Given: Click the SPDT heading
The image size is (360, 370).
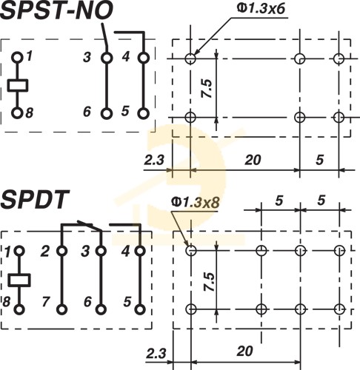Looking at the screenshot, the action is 35,199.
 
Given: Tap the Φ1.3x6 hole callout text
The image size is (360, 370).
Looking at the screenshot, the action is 261,9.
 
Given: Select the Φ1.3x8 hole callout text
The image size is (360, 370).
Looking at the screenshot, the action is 196,202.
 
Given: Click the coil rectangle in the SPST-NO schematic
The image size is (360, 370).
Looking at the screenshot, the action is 18,85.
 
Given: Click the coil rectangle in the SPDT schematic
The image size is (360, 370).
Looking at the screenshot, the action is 19,280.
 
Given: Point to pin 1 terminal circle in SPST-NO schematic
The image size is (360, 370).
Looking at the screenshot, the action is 17,58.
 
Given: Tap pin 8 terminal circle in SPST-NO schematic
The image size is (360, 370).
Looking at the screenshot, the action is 17,113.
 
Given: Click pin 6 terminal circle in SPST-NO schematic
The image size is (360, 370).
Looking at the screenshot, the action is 107,114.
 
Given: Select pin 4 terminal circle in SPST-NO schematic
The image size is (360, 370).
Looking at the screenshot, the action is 144,58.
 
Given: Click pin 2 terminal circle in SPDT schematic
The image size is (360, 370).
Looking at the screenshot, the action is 61,251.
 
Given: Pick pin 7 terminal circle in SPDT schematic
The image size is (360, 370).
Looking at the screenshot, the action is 61,309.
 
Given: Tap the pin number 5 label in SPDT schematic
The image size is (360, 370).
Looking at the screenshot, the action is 127,301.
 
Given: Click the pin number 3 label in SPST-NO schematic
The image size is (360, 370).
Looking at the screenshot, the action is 87,57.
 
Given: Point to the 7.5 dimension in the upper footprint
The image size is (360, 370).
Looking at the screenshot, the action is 207,88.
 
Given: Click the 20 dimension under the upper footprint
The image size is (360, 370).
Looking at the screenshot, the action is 253,160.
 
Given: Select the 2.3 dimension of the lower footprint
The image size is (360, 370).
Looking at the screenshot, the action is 156,353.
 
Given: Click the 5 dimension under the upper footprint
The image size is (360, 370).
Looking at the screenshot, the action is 319,160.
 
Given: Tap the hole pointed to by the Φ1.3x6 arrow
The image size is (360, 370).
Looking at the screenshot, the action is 190,58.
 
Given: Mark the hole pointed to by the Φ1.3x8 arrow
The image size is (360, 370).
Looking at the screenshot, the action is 191,251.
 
